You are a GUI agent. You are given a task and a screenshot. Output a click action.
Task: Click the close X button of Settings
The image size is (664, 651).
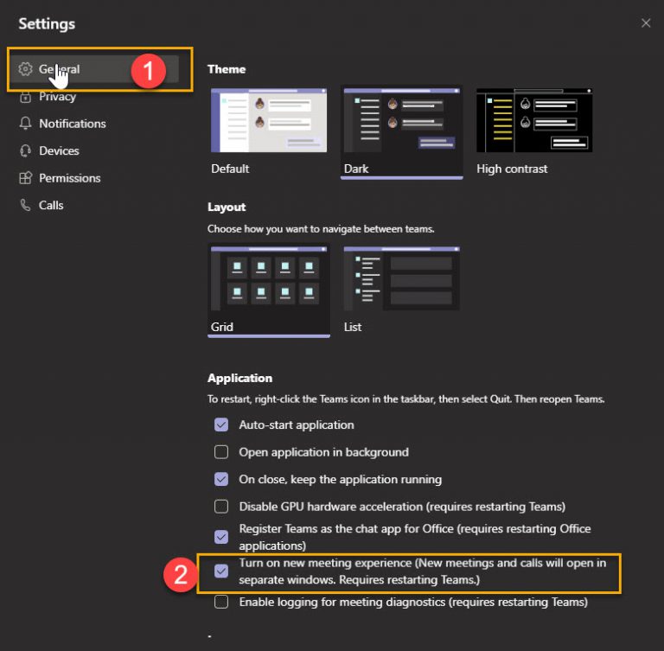[646, 23]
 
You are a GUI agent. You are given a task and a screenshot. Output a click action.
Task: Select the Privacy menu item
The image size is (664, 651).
[57, 97]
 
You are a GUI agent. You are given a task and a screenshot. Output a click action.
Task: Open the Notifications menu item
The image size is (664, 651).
[72, 124]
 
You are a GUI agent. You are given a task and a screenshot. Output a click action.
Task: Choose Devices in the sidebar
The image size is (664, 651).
[59, 150]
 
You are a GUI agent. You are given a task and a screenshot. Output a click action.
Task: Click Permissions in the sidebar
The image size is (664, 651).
[69, 178]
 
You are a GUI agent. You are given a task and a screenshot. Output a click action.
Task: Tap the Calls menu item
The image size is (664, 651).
[51, 205]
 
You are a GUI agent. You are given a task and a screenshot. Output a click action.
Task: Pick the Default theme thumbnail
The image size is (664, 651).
[269, 120]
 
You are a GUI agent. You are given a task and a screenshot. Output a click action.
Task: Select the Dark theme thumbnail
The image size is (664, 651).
[402, 120]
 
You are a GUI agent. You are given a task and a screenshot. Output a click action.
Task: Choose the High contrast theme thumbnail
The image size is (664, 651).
[534, 120]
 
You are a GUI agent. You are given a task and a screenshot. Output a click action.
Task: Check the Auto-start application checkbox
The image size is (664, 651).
[221, 424]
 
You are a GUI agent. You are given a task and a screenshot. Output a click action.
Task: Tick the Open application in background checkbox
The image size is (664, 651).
[221, 452]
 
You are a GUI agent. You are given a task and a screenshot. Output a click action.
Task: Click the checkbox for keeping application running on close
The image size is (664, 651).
[221, 479]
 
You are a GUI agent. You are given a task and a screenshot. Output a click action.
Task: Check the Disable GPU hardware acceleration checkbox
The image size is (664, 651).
[221, 507]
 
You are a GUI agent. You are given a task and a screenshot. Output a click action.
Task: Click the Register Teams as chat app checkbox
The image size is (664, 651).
[221, 537]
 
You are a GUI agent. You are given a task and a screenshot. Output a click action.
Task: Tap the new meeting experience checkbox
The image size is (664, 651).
[221, 571]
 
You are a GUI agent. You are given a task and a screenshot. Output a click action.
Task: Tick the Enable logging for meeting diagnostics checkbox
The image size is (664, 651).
[221, 602]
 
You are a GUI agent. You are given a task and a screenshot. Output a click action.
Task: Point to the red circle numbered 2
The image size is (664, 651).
[180, 575]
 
